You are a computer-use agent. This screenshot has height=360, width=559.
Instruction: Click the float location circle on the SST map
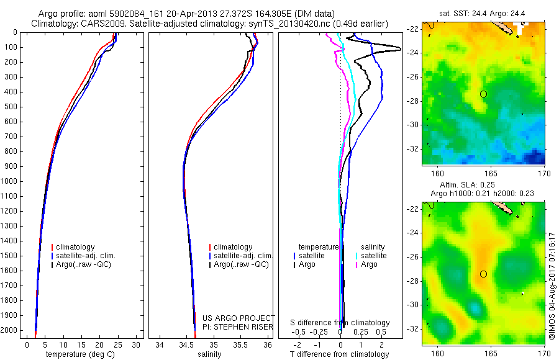pyautogui.click(x=483, y=94)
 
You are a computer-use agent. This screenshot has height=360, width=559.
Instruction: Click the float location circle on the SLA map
pyautogui.click(x=483, y=274)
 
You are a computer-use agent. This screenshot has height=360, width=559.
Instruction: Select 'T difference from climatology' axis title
pyautogui.click(x=339, y=354)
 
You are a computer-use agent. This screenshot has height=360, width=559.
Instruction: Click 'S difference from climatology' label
pyautogui.click(x=340, y=323)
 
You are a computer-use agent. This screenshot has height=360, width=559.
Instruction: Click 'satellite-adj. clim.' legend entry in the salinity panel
pyautogui.click(x=243, y=256)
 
